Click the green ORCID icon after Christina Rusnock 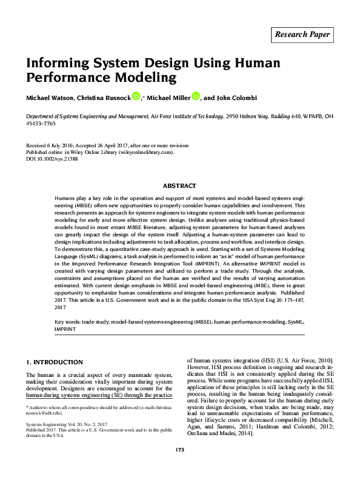pos(136,95)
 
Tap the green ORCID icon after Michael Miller pos(195,95)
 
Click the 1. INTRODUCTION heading pos(54,362)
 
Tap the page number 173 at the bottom pos(179,466)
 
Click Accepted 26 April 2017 pos(116,145)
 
